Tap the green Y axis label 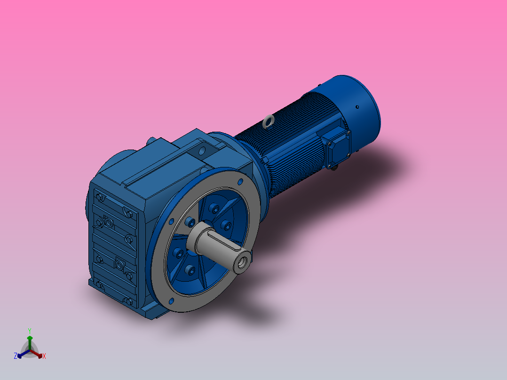point(29,330)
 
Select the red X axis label point(44,356)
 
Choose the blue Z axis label point(15,356)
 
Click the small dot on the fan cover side point(357,107)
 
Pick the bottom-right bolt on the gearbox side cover point(128,299)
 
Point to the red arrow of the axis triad point(39,354)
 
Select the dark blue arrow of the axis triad point(21,354)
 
